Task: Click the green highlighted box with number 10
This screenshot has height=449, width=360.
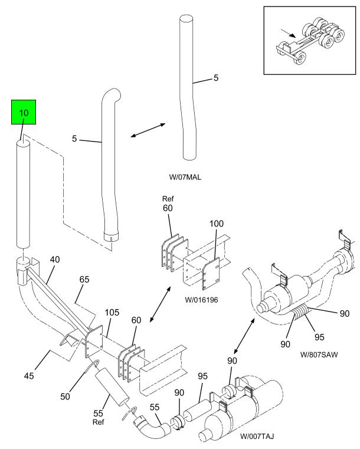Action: point(24,112)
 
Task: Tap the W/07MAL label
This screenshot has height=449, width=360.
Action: point(185,177)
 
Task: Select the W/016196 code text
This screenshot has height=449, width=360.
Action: point(201,300)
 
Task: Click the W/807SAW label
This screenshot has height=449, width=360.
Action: point(319,355)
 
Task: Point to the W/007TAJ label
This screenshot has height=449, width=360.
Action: point(257,436)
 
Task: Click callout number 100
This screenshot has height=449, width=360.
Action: point(217,224)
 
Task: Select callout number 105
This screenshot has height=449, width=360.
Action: point(112,312)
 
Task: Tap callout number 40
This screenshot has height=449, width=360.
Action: point(55,260)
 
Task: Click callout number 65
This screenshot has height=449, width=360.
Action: point(84,279)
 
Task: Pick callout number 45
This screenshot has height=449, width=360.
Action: point(29,375)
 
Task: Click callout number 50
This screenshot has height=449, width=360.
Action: point(65,396)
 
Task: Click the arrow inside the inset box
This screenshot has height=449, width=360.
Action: point(288,33)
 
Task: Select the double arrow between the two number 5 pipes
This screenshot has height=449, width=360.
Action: point(148,130)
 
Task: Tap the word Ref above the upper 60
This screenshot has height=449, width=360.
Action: point(168,199)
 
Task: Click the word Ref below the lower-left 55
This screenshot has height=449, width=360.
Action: point(98,422)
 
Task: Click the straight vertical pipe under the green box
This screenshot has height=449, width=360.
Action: point(23,194)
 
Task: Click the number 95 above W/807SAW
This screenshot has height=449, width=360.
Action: point(319,337)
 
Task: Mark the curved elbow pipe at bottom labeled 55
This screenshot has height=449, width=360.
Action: point(152,427)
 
